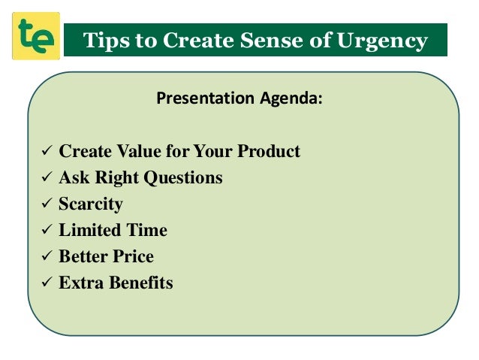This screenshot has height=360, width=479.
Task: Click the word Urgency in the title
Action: click(x=384, y=41)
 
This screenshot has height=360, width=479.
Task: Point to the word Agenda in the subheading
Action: click(x=294, y=98)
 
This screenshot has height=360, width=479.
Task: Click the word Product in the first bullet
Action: click(x=269, y=152)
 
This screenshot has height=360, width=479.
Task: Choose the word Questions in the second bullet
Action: click(x=184, y=179)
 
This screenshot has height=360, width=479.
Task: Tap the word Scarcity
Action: click(x=91, y=204)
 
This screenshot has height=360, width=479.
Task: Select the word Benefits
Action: click(x=140, y=283)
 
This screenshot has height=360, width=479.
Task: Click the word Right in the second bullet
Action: click(x=118, y=179)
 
